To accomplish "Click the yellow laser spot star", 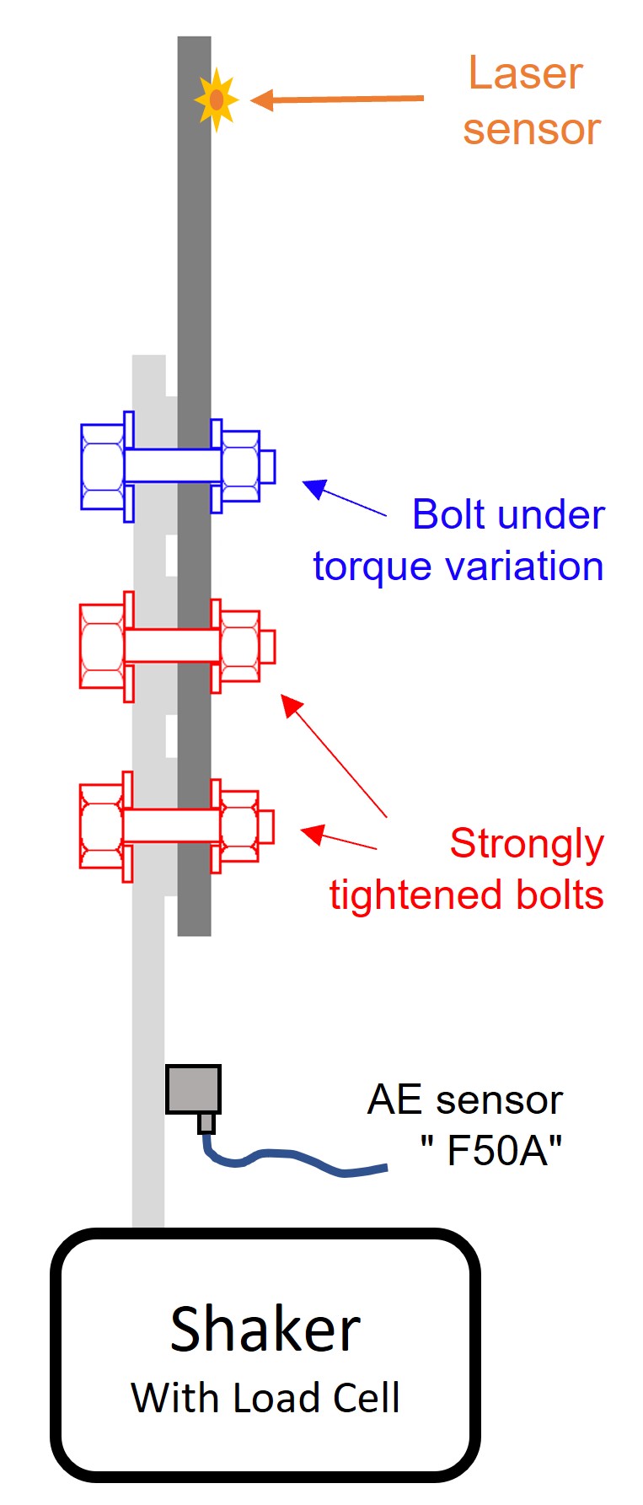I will point(216,99).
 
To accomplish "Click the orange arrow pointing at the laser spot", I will point(337,99).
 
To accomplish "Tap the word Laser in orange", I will point(525,73).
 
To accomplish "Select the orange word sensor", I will point(531,129).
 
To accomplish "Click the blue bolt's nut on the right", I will point(241,466).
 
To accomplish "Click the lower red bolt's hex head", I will point(102,826).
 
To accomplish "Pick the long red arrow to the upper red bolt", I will point(334,755).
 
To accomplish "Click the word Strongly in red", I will point(527,844).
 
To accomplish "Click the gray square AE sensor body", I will point(193,1089).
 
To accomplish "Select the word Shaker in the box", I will point(265,1330).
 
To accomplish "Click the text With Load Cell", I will point(265,1397).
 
